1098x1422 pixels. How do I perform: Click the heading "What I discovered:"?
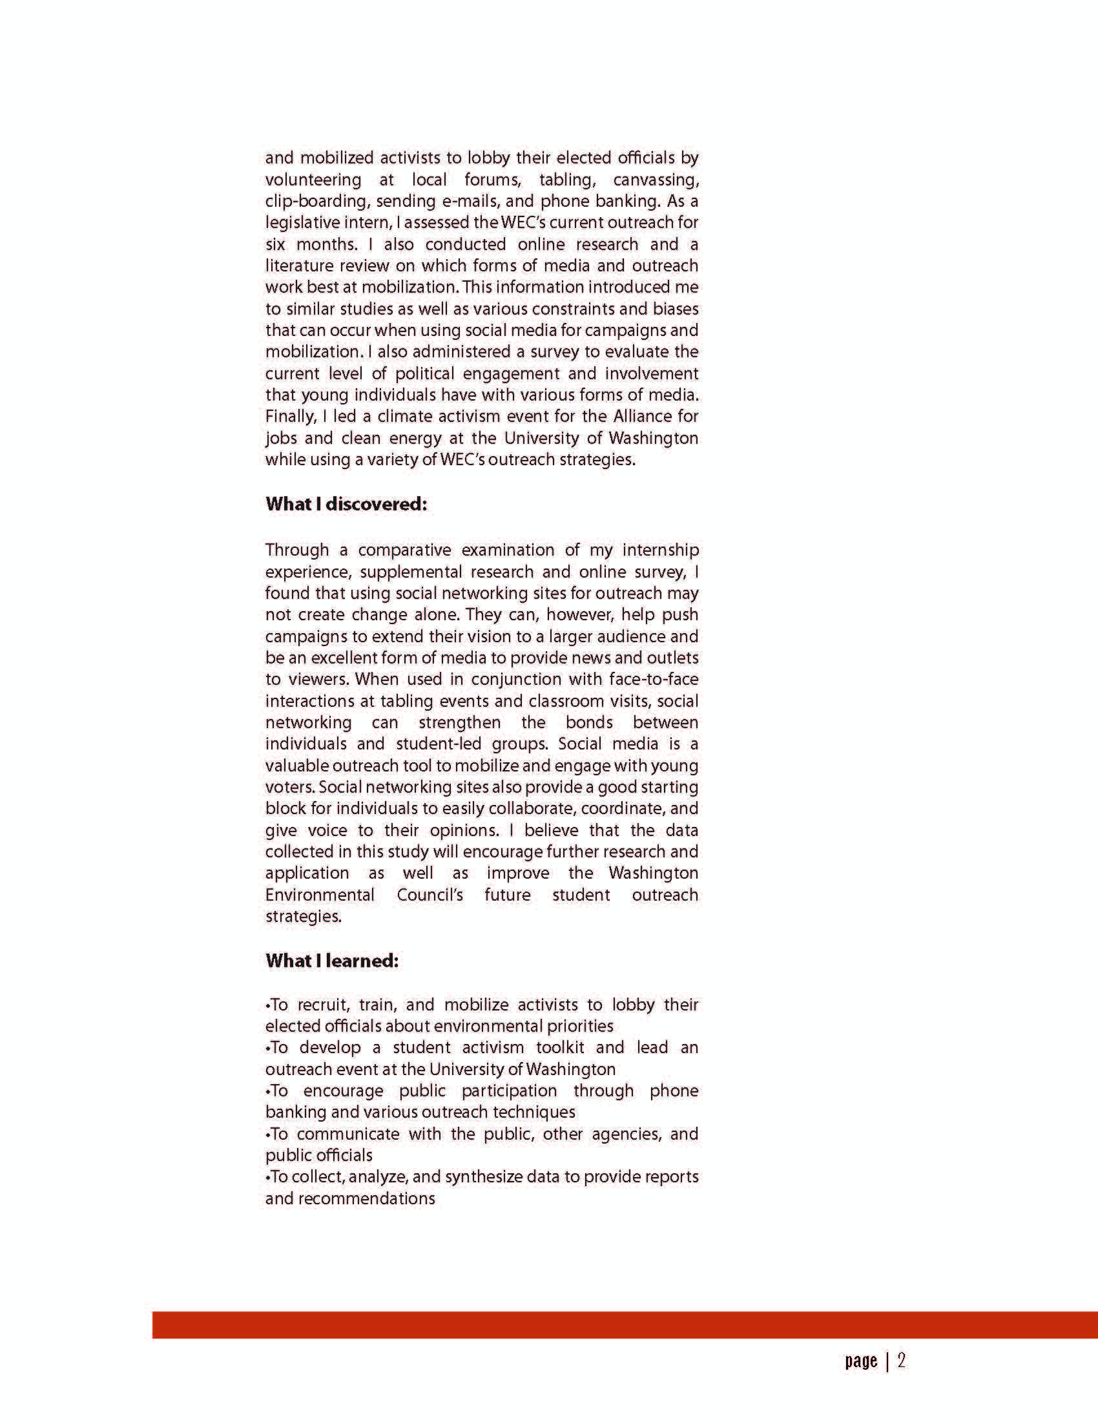(x=346, y=504)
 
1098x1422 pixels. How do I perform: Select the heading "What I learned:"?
(x=332, y=961)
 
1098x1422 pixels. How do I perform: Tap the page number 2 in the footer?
(x=902, y=1361)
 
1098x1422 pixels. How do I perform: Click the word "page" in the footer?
(x=860, y=1361)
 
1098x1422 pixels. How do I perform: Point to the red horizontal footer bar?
(x=625, y=1325)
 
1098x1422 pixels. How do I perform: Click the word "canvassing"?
(x=656, y=180)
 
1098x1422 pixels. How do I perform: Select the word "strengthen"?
(x=459, y=723)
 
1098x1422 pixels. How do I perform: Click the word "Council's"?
(x=430, y=895)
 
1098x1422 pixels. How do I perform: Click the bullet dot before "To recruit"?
(x=268, y=1006)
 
